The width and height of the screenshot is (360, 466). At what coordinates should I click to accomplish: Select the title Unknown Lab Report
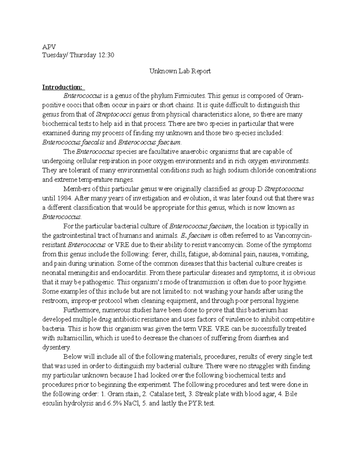[180, 71]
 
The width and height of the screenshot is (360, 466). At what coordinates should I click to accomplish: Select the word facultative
[150, 152]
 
